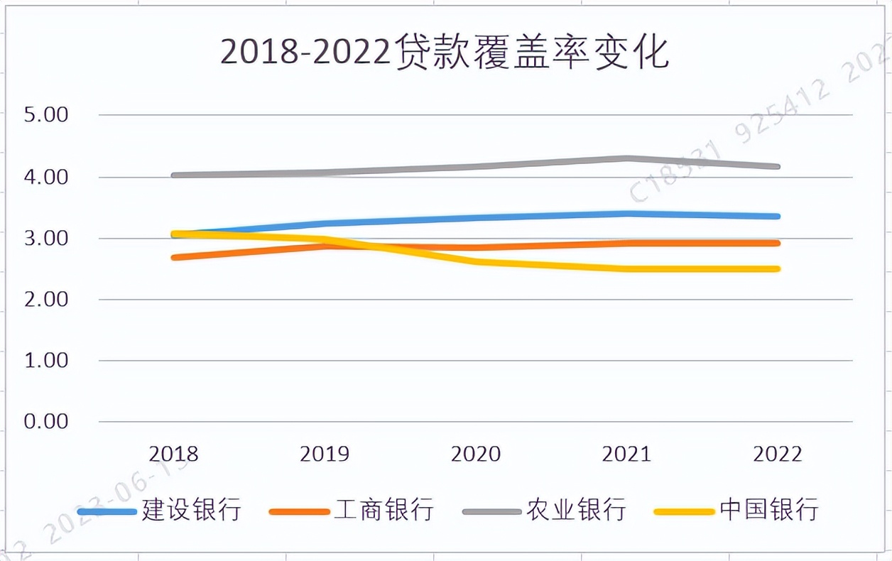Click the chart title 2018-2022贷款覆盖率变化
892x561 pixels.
pyautogui.click(x=445, y=53)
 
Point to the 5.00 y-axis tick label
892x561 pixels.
pyautogui.click(x=46, y=115)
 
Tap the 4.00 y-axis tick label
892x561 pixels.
pyautogui.click(x=46, y=177)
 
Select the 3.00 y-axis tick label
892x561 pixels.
pyautogui.click(x=46, y=238)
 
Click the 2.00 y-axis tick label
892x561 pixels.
pyautogui.click(x=46, y=299)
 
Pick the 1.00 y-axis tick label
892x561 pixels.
pyautogui.click(x=46, y=360)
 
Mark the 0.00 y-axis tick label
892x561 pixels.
pyautogui.click(x=46, y=421)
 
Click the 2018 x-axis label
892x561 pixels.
pyautogui.click(x=174, y=454)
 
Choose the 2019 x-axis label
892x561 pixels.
pyautogui.click(x=325, y=454)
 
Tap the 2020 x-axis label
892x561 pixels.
pyautogui.click(x=476, y=454)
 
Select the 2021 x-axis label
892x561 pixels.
pyautogui.click(x=626, y=454)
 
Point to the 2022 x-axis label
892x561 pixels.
pyautogui.click(x=777, y=454)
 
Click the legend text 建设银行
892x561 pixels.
pyautogui.click(x=192, y=510)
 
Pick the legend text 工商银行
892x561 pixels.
pyautogui.click(x=384, y=510)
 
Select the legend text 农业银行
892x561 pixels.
pyautogui.click(x=576, y=510)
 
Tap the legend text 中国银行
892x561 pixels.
pyautogui.click(x=769, y=510)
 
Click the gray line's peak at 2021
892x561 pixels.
pyautogui.click(x=627, y=158)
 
